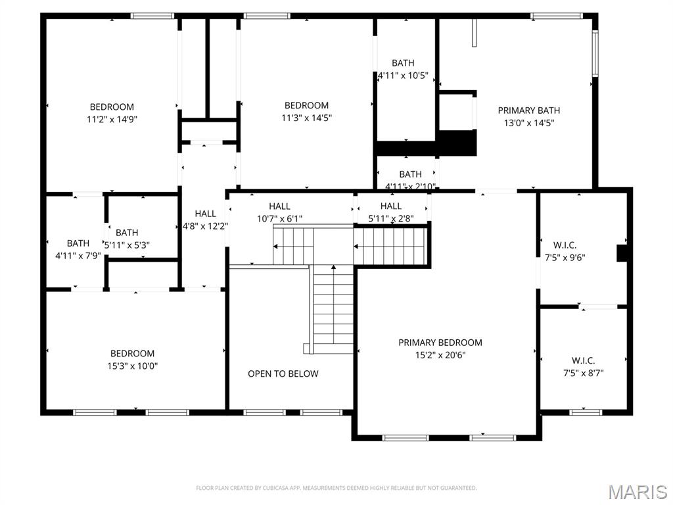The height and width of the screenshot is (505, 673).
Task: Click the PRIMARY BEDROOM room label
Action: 440,343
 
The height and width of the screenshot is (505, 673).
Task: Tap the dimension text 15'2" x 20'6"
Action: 440,355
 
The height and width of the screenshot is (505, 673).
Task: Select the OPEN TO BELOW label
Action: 283,373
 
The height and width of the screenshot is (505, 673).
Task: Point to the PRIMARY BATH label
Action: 528,110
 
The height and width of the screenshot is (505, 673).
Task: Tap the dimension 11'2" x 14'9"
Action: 112,119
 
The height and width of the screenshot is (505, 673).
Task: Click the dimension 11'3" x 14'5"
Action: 306,118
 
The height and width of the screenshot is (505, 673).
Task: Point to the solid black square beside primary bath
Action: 457,143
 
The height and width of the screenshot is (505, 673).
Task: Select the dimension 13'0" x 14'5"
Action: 528,122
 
